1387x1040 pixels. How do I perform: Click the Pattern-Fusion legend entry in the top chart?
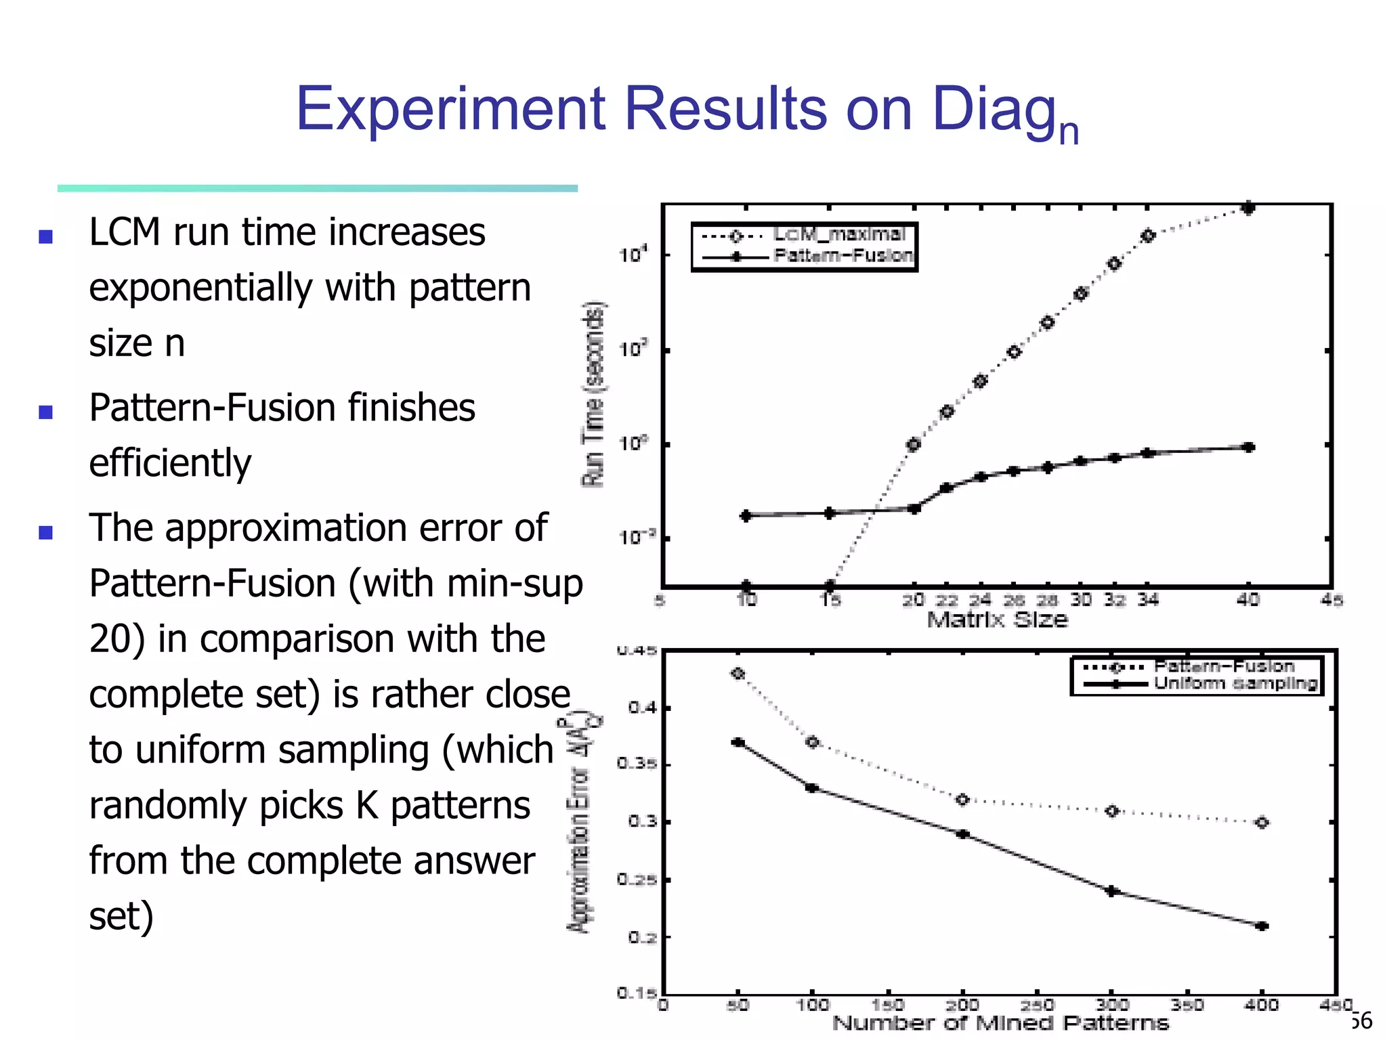(x=842, y=256)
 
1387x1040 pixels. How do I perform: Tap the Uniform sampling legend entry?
(x=1235, y=683)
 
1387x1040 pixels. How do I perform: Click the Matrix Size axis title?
(x=997, y=620)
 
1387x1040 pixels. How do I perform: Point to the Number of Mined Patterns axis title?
(x=1000, y=1023)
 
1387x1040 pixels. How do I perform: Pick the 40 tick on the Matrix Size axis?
(x=1248, y=600)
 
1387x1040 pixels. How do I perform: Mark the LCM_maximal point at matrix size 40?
(x=1248, y=208)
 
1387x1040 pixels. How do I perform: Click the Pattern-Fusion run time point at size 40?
(x=1249, y=447)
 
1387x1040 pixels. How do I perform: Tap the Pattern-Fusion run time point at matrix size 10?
(x=746, y=516)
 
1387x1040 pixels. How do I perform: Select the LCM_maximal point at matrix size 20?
(x=914, y=445)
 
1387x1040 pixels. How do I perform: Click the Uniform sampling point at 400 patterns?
(x=1262, y=926)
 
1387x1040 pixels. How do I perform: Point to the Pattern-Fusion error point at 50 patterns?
(x=738, y=674)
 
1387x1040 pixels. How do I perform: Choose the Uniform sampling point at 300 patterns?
(x=1111, y=892)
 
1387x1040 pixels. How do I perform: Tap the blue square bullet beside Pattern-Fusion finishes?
(x=45, y=412)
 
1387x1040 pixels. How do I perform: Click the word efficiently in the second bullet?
(x=170, y=463)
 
